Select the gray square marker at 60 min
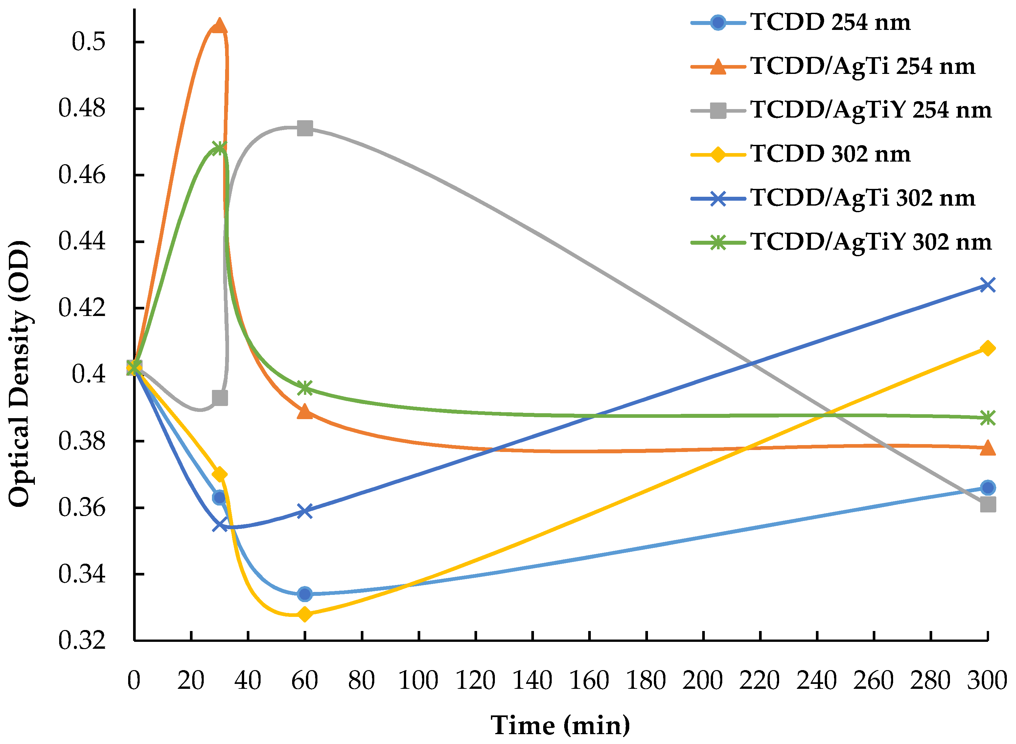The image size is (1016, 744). (x=305, y=128)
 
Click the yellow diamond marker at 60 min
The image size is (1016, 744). (x=305, y=614)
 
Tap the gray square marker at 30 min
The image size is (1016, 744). (x=220, y=398)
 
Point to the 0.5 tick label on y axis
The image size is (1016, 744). (x=88, y=42)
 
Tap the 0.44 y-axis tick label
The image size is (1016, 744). (x=82, y=241)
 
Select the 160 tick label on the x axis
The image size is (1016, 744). (x=589, y=681)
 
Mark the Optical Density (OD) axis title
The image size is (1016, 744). (x=19, y=374)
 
